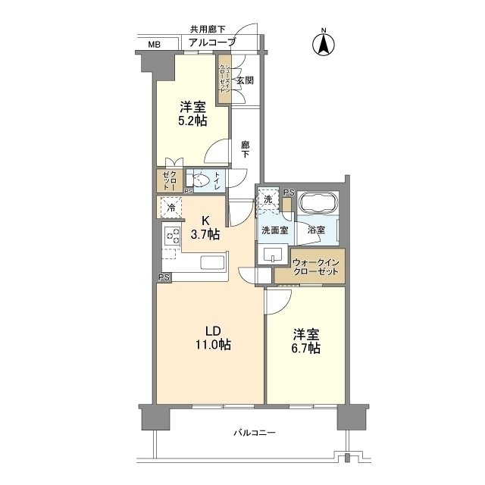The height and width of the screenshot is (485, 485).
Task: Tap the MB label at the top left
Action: [155, 45]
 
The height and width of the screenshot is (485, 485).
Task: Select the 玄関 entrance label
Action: [244, 80]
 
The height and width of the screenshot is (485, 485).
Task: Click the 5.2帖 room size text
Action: [193, 120]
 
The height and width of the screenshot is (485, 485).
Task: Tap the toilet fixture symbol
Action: [201, 180]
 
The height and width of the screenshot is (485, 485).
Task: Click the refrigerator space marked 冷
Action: [171, 207]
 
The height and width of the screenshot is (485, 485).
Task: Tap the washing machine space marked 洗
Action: [268, 199]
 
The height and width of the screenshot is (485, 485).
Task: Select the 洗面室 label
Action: [274, 229]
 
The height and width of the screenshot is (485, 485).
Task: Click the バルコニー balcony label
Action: [253, 433]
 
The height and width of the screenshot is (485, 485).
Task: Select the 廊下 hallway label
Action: [245, 148]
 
